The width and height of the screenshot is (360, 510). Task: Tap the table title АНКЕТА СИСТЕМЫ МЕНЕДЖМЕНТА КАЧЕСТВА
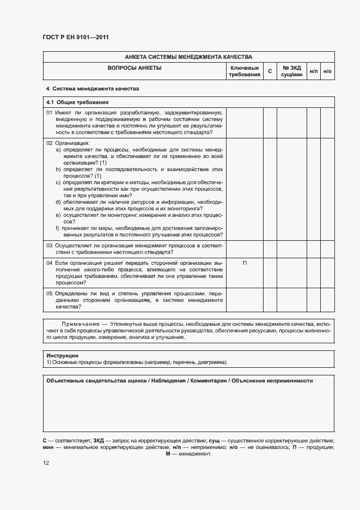[x=188, y=57]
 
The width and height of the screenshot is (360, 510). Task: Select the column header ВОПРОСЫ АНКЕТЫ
[x=135, y=68]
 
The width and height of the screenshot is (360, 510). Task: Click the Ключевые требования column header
[x=245, y=71]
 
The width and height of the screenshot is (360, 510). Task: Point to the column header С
[x=270, y=71]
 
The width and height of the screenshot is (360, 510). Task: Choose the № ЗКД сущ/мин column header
[x=291, y=71]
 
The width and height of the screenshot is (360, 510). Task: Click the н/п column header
[x=314, y=71]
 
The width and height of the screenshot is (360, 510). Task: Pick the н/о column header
[x=327, y=71]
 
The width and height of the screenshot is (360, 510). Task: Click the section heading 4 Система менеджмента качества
[x=93, y=88]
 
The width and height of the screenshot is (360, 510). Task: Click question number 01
[x=49, y=112]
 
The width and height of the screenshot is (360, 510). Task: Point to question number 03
[x=49, y=246]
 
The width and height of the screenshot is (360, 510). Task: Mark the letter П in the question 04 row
[x=245, y=263]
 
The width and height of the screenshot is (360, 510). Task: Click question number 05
[x=49, y=293]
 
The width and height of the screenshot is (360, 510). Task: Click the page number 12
[x=46, y=463]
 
